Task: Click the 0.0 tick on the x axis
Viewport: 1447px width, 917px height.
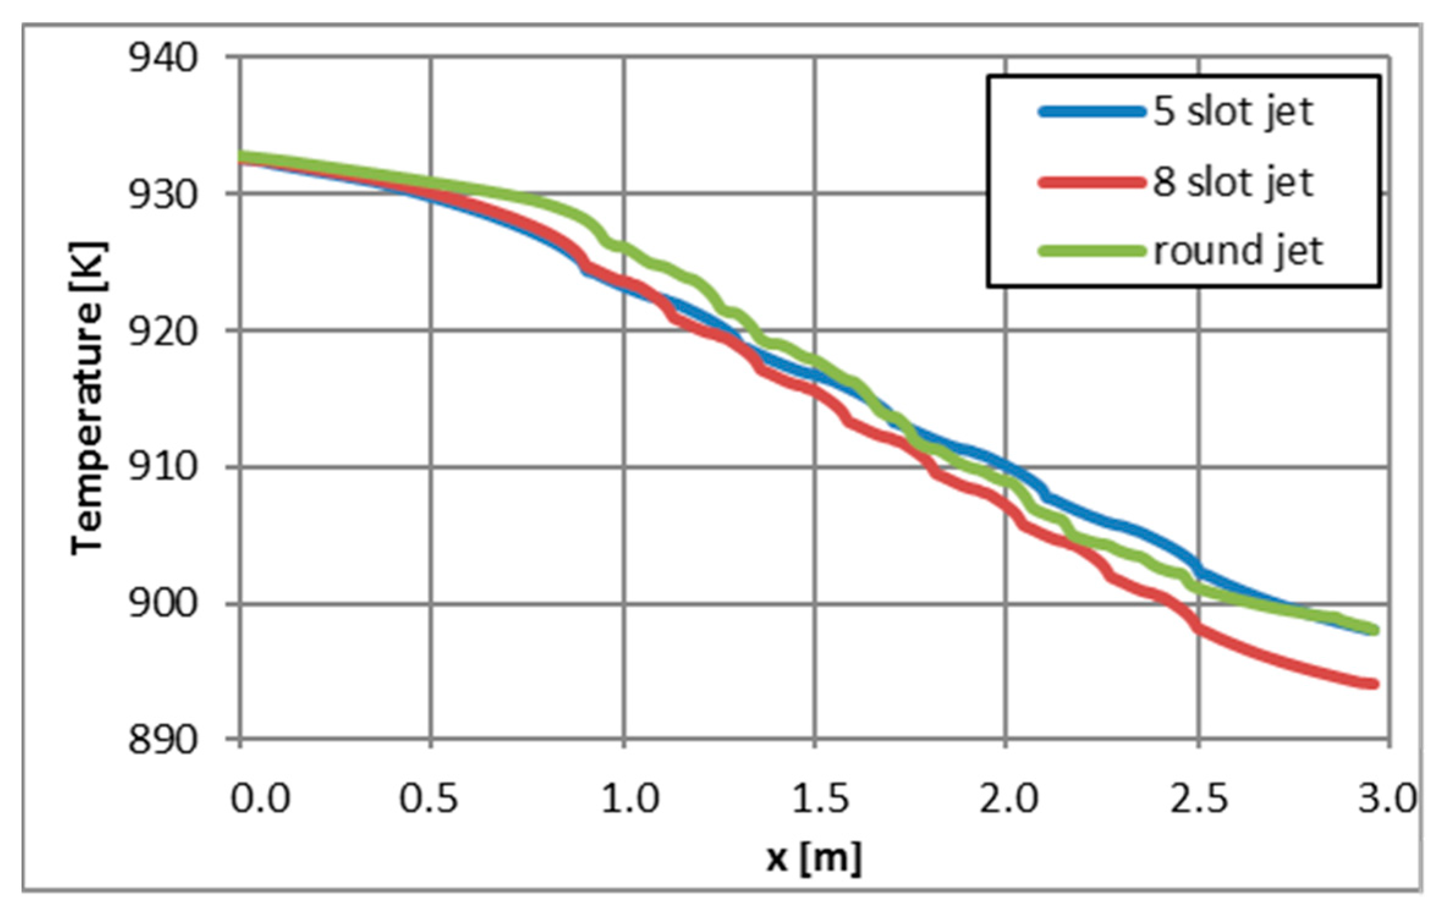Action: (x=260, y=798)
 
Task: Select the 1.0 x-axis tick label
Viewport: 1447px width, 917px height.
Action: (x=629, y=798)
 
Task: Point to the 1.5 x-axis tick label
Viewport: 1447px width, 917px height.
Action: (x=821, y=798)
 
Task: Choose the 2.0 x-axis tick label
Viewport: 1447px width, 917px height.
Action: (x=1009, y=798)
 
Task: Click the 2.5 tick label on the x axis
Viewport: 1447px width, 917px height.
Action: (x=1199, y=798)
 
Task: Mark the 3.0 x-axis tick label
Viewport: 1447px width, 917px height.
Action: (x=1387, y=798)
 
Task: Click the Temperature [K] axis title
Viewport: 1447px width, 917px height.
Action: (x=89, y=398)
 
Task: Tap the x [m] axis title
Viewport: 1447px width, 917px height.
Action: (x=814, y=858)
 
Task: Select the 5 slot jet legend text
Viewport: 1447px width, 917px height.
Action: (x=1233, y=112)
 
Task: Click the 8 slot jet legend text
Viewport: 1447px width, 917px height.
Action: (x=1233, y=183)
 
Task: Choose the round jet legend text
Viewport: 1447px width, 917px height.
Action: (x=1238, y=251)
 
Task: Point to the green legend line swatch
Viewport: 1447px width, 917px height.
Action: (x=1091, y=251)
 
